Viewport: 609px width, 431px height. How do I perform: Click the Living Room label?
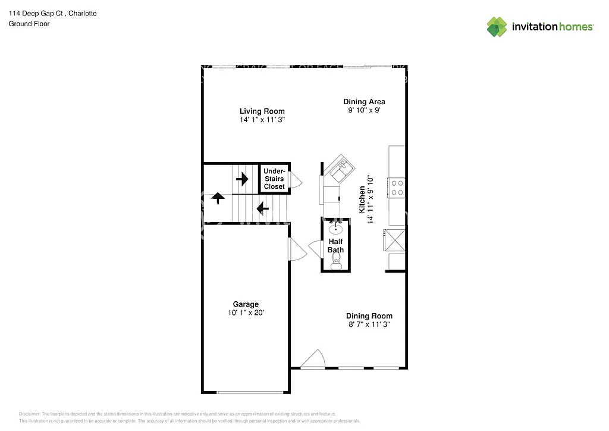tap(262, 111)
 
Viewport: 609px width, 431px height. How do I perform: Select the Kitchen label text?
tap(362, 199)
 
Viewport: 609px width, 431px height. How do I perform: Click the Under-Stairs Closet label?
tap(274, 179)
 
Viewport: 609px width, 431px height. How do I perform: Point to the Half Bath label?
tap(335, 246)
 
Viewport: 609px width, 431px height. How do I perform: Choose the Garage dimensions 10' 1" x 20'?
tap(246, 313)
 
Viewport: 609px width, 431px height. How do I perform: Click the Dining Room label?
tap(369, 316)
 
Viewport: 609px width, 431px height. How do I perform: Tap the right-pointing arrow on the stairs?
tap(242, 179)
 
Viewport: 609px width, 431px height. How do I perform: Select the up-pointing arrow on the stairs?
tap(218, 198)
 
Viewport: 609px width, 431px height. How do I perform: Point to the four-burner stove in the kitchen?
tap(397, 188)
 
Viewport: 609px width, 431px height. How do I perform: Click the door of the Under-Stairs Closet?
tap(296, 181)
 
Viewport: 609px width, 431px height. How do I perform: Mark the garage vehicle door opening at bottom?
tap(249, 392)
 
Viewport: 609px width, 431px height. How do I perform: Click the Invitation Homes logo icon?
tap(498, 27)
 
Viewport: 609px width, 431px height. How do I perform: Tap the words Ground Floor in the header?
tap(29, 24)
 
